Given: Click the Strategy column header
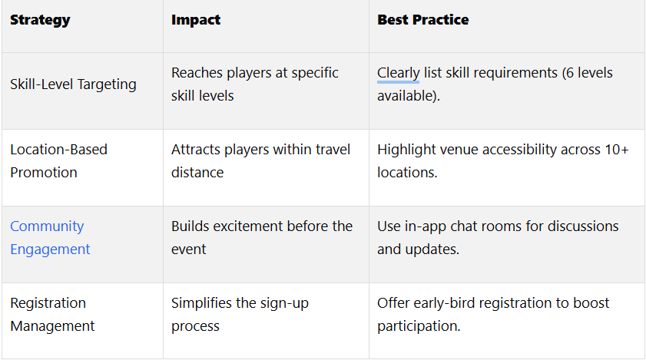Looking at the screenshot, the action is coord(40,20).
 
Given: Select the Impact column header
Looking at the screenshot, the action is coord(196,20).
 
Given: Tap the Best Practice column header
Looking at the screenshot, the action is coord(422,20).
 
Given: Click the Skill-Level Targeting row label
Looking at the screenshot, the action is coord(73,84).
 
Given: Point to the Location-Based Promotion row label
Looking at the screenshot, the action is coord(58,160).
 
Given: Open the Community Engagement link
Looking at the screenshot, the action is coord(50,238).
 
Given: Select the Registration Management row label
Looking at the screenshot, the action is coord(52,314).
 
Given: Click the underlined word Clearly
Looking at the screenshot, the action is coord(399,73).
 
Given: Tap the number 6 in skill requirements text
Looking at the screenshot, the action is coord(569,73).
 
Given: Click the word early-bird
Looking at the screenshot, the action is coord(444,303).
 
